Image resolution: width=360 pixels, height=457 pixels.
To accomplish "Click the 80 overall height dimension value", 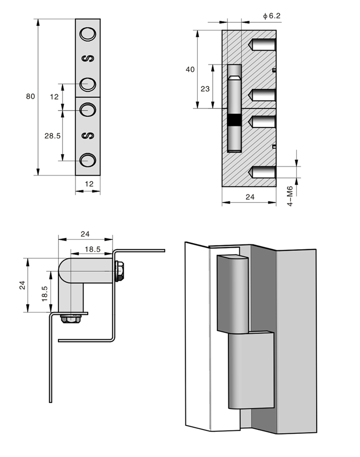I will point(30,96).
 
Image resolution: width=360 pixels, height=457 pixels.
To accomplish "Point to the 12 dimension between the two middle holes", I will point(54,97).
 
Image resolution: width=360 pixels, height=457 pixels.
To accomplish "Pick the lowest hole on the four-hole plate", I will point(88,160).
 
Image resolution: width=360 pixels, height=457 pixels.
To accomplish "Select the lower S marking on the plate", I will point(89,135).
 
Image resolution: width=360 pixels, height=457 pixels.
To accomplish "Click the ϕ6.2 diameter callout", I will point(272,16).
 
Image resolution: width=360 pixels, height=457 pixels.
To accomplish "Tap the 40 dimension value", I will point(190,69).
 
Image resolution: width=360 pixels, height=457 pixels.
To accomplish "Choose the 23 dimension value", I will point(205,89).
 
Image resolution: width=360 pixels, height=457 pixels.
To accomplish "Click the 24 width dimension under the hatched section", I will point(249,197).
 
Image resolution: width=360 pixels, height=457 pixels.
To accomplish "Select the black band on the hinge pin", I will point(235,120).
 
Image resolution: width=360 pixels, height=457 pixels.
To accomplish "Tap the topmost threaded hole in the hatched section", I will point(262,45).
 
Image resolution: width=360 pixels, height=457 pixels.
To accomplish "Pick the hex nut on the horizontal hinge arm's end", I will point(120,271).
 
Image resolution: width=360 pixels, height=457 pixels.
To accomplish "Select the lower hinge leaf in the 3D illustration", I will point(251,370).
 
